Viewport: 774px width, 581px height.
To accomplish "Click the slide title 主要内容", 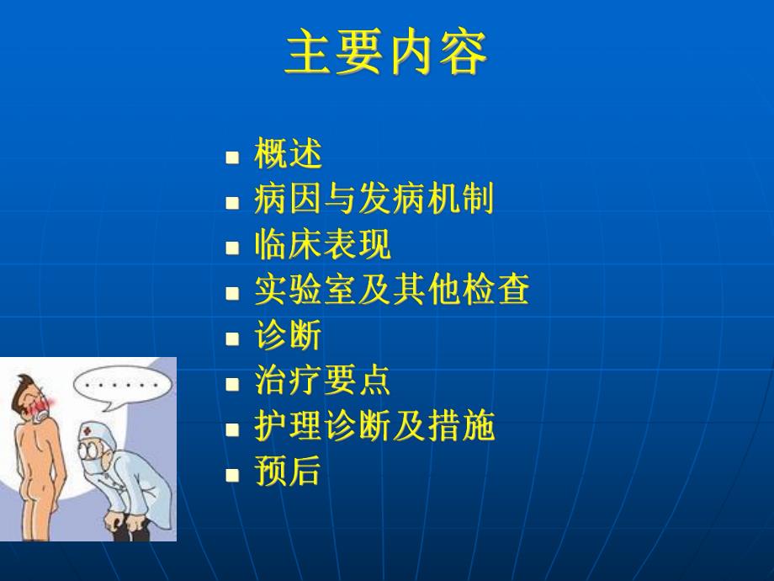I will point(386,55).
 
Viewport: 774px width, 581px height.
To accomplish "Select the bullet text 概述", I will point(288,155).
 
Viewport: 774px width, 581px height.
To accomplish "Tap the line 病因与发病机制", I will point(374,200).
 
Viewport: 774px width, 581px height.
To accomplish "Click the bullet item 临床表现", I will point(322,245).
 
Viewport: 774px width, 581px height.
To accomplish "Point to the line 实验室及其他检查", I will point(391,290).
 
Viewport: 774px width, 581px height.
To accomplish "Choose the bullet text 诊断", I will point(288,337).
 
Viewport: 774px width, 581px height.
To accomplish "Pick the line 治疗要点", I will point(322,381).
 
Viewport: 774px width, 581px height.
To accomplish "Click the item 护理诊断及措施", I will point(374,427).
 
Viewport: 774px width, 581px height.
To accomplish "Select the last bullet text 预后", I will point(288,472).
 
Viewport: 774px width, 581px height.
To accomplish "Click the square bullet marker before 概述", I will point(233,157).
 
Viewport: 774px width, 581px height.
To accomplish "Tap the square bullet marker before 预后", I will point(233,474).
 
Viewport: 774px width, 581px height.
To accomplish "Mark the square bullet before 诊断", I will point(233,338).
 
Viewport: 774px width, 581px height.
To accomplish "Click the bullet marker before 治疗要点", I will point(233,384).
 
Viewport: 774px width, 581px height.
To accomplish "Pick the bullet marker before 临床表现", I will point(233,248).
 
